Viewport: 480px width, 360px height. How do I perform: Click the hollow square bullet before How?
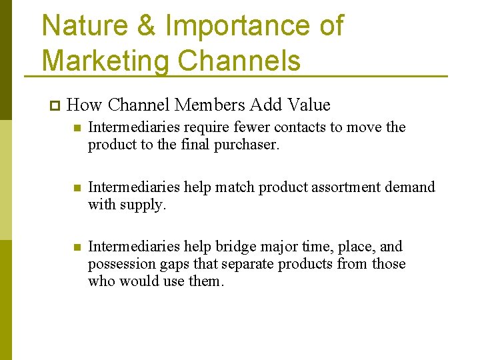54,105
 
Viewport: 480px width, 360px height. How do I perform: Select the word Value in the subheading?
309,105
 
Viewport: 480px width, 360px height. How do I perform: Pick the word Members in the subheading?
210,105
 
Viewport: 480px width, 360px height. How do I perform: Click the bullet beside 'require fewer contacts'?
77,127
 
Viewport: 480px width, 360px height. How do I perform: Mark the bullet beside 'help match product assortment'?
77,187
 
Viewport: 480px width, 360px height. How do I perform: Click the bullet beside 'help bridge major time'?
77,247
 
